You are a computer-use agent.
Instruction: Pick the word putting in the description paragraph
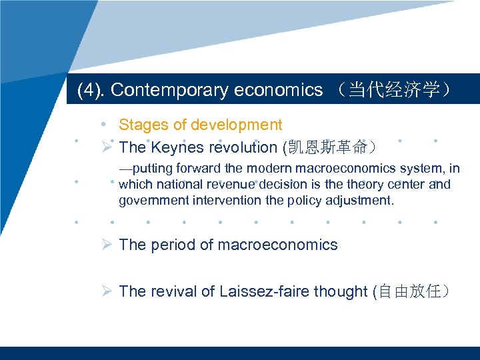pos(153,169)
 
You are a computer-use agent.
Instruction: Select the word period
pos(169,245)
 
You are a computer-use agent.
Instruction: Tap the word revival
pos(173,291)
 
